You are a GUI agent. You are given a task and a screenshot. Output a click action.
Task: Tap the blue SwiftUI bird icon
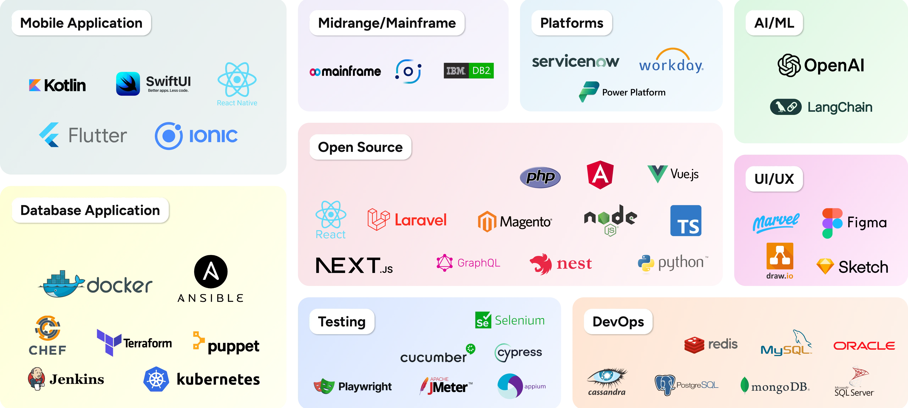point(128,84)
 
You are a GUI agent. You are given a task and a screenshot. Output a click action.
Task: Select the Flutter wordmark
point(98,135)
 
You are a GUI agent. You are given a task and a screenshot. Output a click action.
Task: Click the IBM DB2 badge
point(468,71)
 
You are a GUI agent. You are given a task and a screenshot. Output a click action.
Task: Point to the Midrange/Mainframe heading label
point(387,23)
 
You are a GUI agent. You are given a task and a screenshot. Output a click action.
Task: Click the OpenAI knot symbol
point(789,65)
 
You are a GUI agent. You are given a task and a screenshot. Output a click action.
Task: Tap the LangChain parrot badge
point(785,107)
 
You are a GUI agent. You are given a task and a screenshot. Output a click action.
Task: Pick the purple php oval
point(540,177)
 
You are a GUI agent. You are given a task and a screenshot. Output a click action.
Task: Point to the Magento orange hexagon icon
point(487,221)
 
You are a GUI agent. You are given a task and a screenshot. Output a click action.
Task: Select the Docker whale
point(62,284)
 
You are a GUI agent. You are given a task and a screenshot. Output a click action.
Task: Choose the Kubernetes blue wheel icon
point(156,379)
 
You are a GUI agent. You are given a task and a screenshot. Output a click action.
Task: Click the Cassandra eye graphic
point(607,377)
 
